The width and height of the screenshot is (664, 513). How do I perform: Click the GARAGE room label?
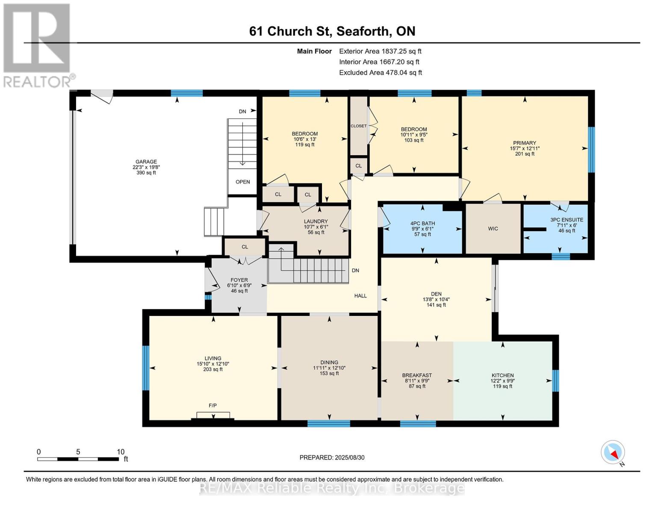coord(146,162)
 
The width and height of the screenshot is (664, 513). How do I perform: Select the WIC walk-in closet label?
coord(493,229)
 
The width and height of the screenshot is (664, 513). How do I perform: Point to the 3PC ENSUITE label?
coord(567,220)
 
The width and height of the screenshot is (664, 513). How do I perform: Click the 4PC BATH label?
coord(422,224)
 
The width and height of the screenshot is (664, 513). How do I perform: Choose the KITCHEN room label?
coord(502,375)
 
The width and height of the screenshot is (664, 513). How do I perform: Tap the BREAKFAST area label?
coord(417,375)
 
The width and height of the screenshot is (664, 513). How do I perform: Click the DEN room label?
coord(436,294)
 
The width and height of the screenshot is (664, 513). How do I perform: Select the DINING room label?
coord(329,363)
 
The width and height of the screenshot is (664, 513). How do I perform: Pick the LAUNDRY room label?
coord(316,221)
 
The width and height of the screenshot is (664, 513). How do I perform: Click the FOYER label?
coord(239,280)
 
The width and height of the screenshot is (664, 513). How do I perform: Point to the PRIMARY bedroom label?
coord(525,143)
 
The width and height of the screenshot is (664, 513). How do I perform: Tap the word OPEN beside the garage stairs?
coord(243,182)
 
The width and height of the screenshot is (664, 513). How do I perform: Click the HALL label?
coord(360,296)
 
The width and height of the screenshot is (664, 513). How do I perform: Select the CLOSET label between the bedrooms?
coord(359,126)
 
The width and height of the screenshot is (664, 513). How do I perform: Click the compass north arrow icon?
coord(613,452)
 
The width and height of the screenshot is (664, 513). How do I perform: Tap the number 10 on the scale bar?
coord(121,452)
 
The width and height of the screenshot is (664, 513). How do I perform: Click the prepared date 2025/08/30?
coord(349,457)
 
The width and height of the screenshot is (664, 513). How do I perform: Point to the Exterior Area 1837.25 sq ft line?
coord(380,51)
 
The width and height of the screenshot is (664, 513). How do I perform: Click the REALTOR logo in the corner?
coord(38,45)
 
